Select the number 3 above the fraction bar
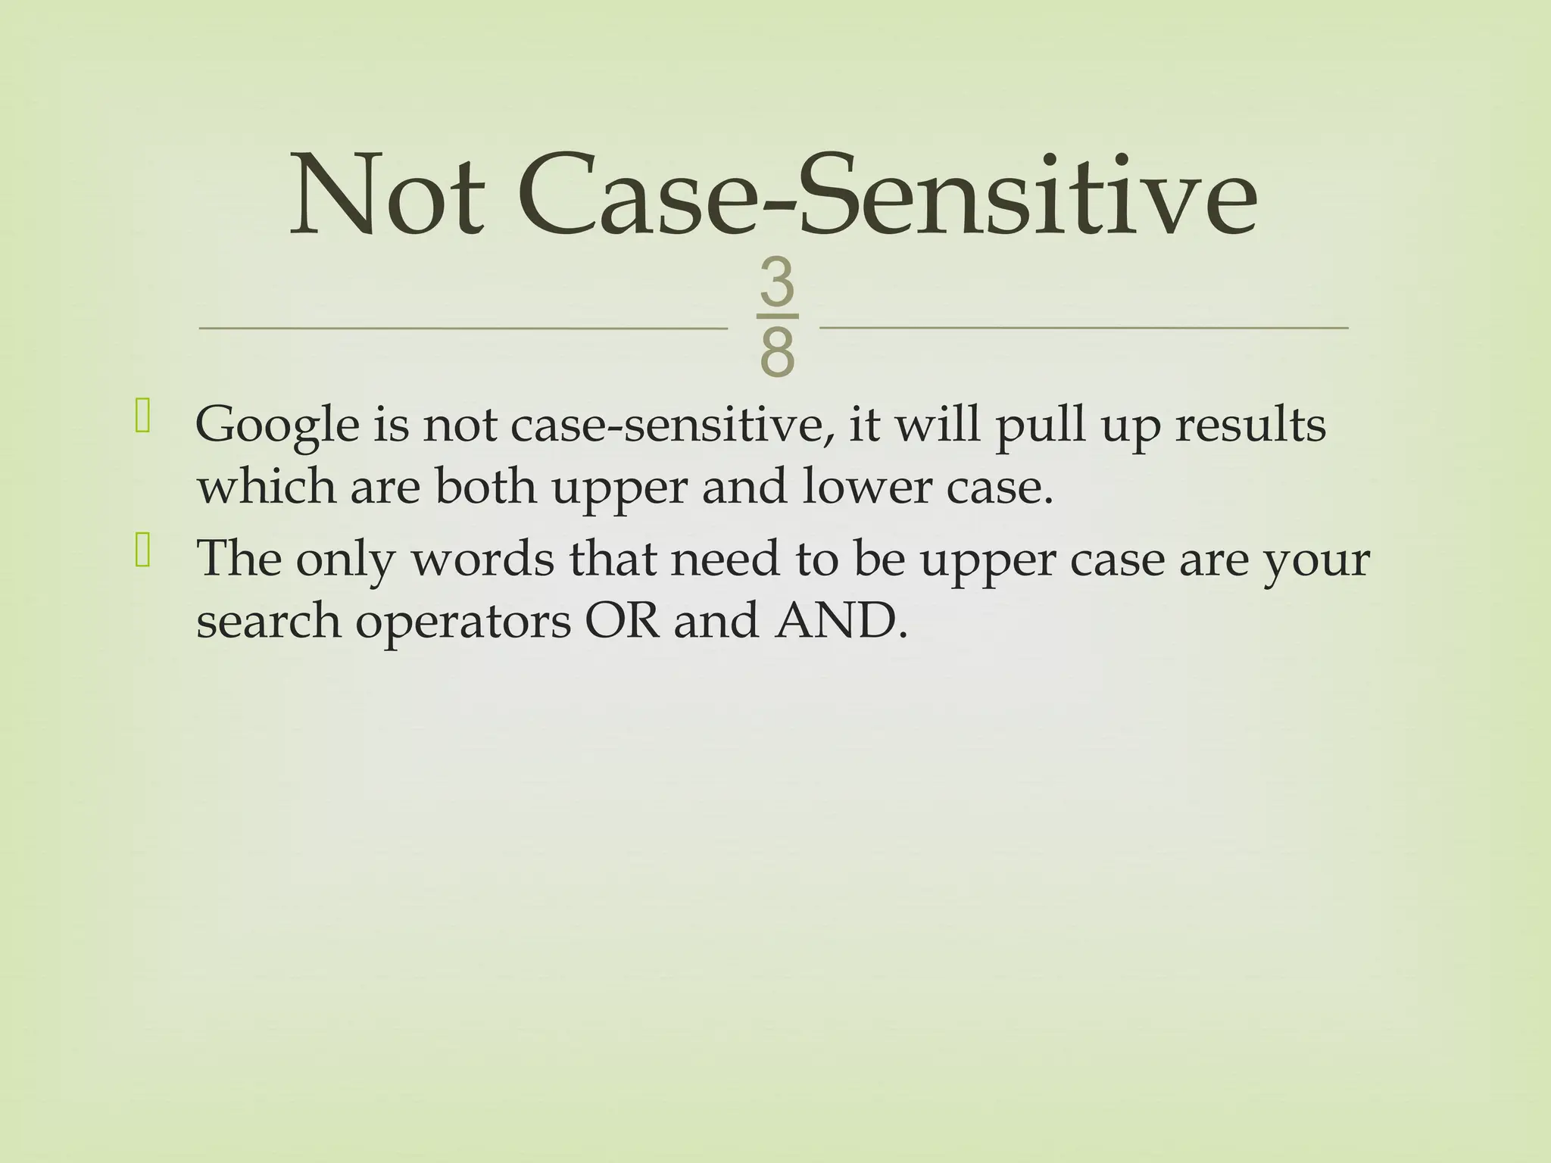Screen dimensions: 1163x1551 [777, 283]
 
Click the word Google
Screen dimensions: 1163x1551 [277, 426]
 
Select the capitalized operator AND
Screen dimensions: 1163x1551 [839, 620]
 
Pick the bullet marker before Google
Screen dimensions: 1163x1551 [142, 419]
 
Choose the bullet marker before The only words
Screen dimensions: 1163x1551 [142, 553]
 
